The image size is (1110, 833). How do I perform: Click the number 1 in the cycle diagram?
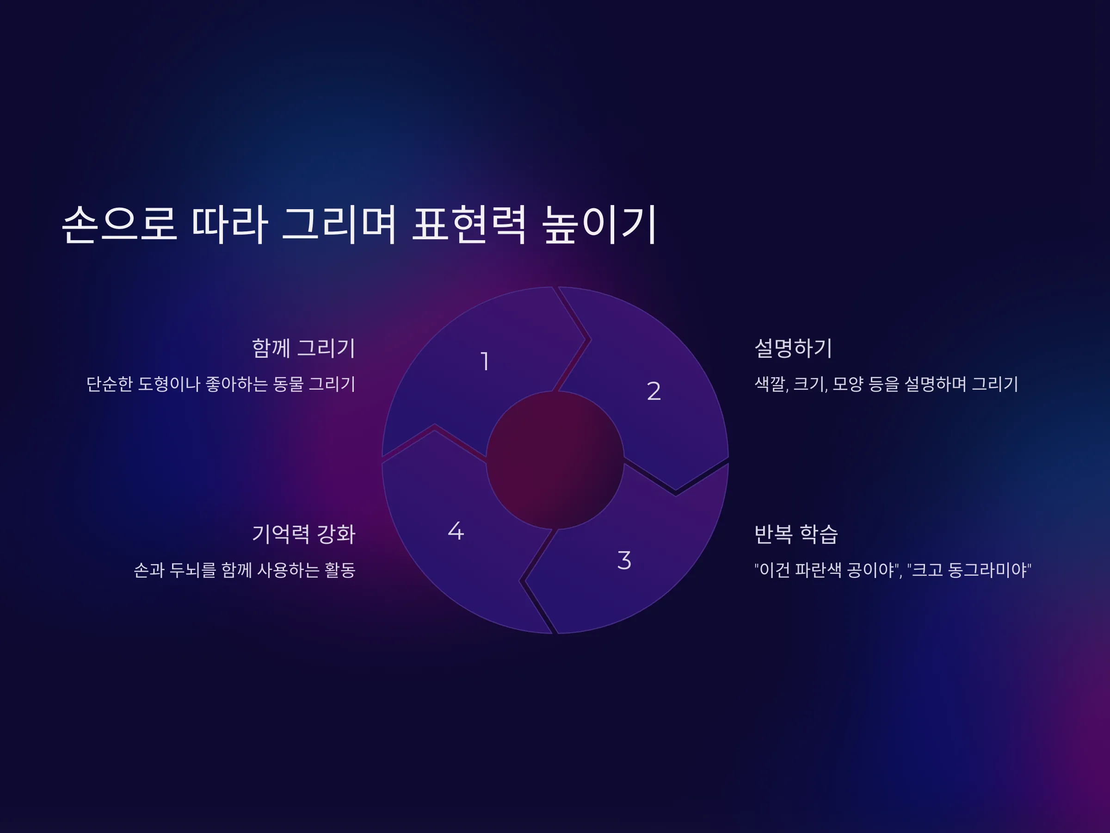[485, 361]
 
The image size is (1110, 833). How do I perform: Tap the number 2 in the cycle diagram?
[654, 391]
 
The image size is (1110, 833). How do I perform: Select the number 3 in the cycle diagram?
[624, 560]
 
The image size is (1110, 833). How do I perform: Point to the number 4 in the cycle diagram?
[456, 531]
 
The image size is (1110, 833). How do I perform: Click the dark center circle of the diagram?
[555, 460]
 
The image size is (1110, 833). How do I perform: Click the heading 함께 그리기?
[303, 348]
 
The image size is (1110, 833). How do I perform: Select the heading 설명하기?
[793, 348]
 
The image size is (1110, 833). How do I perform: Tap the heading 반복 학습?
[796, 534]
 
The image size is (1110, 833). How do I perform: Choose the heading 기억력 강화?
[303, 534]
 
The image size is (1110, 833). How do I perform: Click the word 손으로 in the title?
[119, 224]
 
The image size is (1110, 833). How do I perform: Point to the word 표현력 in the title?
[469, 224]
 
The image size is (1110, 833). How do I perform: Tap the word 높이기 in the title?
[600, 224]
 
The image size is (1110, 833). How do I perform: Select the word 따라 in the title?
[230, 224]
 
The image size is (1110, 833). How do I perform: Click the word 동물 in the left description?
[288, 384]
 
